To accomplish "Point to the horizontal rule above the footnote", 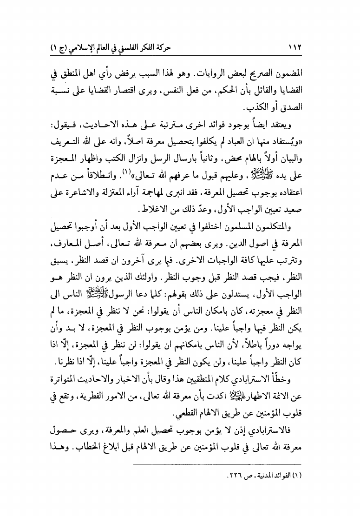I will (216, 464).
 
